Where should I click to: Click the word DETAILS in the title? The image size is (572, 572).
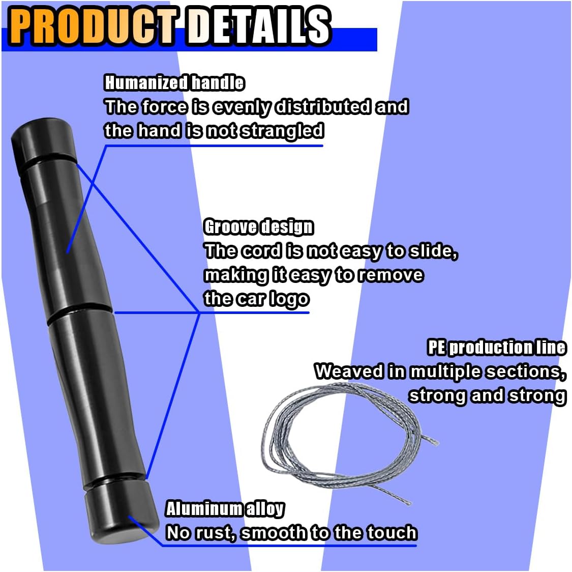click(258, 26)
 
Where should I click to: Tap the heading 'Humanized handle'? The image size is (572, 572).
click(174, 82)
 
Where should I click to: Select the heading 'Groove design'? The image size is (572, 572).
click(258, 226)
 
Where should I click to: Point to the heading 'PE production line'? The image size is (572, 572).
click(496, 347)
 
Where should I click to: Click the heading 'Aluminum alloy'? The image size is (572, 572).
click(225, 508)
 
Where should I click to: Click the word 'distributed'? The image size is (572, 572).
click(323, 106)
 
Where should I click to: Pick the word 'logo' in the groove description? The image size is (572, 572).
click(289, 299)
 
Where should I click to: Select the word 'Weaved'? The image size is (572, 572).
click(349, 371)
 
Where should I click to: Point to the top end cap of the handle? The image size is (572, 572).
click(43, 140)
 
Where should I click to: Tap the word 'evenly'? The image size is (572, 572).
click(242, 106)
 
